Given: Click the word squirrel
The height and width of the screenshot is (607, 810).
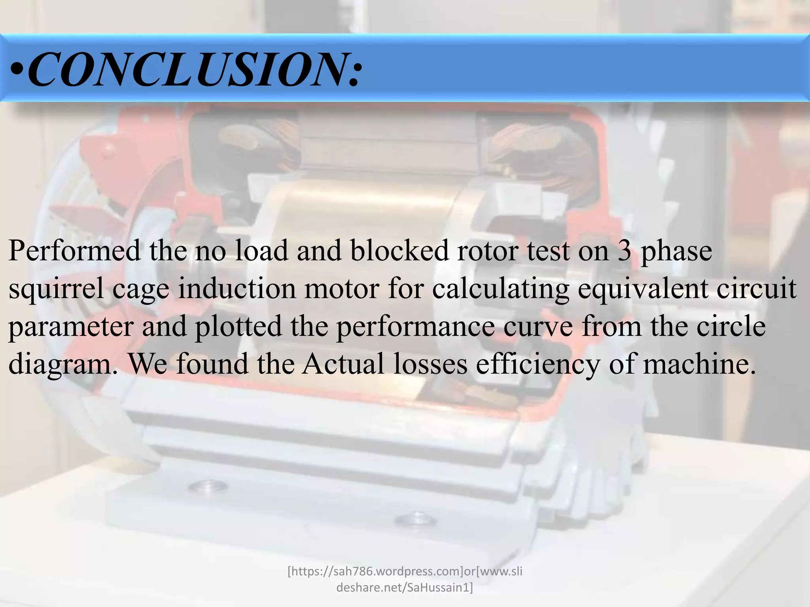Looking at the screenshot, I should (55, 289).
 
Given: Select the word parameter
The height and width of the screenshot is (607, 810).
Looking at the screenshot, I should (70, 327).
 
